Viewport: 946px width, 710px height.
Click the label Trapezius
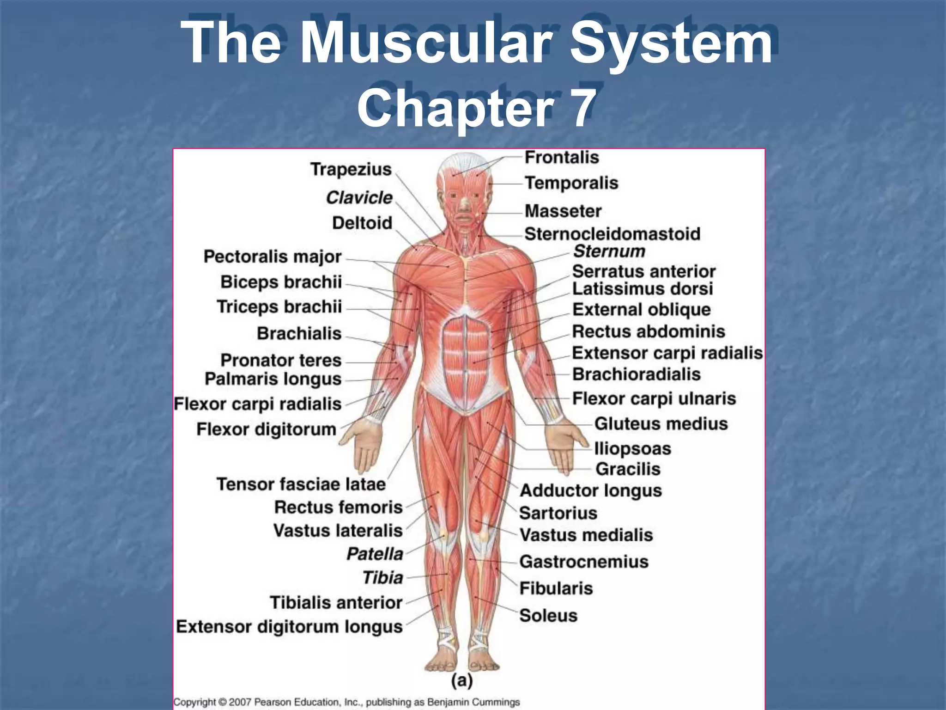pyautogui.click(x=351, y=170)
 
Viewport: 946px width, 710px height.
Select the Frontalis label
pyautogui.click(x=562, y=158)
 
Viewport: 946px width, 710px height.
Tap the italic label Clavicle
pyautogui.click(x=359, y=198)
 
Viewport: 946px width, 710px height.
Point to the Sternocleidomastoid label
pyautogui.click(x=612, y=234)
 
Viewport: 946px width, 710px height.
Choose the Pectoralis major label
pyautogui.click(x=272, y=257)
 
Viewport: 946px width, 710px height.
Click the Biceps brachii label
pyautogui.click(x=281, y=282)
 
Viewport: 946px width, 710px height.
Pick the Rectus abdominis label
pyautogui.click(x=648, y=331)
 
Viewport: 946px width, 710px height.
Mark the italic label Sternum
pyautogui.click(x=609, y=251)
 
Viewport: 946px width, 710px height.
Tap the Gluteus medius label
pyautogui.click(x=661, y=424)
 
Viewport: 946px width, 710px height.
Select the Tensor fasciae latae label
pyautogui.click(x=301, y=484)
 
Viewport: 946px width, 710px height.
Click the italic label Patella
pyautogui.click(x=375, y=554)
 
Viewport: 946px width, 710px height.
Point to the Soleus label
pyautogui.click(x=548, y=616)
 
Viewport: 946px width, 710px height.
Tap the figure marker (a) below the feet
pyautogui.click(x=461, y=680)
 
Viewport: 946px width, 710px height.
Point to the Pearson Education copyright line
pyautogui.click(x=346, y=702)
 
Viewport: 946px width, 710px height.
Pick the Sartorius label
pyautogui.click(x=558, y=513)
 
